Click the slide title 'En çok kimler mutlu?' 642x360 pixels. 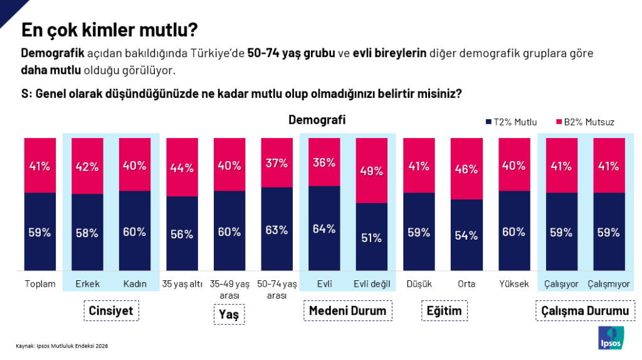[x=110, y=30]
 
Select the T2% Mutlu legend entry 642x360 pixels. [x=512, y=122]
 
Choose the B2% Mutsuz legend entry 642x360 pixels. [x=585, y=122]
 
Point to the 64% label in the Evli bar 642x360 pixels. [x=325, y=228]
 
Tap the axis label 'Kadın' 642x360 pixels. [x=135, y=284]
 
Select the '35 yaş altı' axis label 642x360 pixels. [x=182, y=284]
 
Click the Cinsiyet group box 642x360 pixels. [x=112, y=311]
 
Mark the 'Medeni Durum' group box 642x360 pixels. [x=348, y=311]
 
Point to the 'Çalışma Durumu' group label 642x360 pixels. [x=585, y=311]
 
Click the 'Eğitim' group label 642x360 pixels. [x=444, y=311]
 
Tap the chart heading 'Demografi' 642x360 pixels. [x=317, y=120]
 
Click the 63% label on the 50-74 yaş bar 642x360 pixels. [x=277, y=230]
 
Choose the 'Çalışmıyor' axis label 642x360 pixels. [x=609, y=284]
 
